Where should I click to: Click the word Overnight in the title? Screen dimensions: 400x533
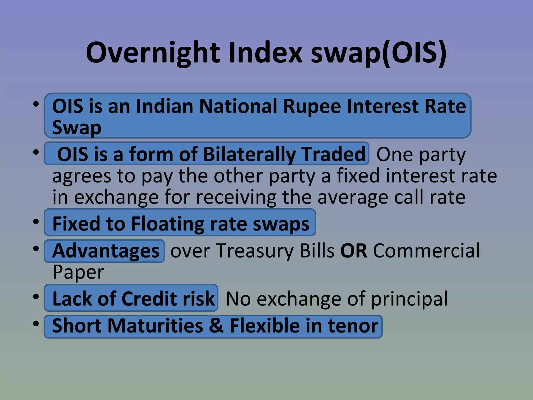tap(153, 53)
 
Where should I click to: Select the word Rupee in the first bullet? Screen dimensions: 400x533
tap(312, 106)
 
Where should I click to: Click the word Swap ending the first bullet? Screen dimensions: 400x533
tap(77, 128)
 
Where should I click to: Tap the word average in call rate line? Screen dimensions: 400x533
tap(353, 197)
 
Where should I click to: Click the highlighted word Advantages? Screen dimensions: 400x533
tap(106, 251)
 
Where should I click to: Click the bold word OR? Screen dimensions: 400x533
tap(354, 251)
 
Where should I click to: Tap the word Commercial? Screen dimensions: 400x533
tap(426, 251)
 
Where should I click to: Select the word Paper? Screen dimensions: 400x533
tap(78, 272)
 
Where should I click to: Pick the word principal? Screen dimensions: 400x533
tap(409, 299)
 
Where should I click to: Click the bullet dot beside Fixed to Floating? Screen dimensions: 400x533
tap(36, 222)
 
